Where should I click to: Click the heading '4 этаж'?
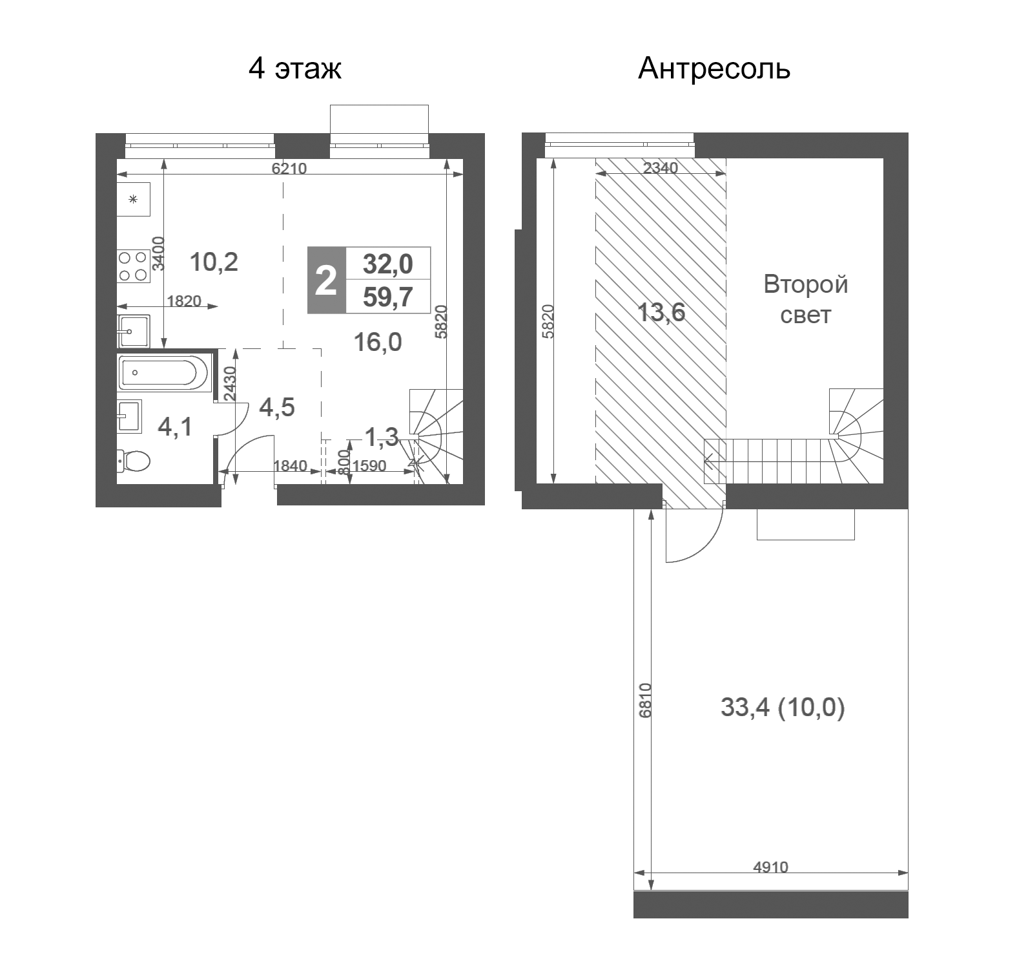click(x=295, y=69)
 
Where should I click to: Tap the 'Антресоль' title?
click(x=714, y=69)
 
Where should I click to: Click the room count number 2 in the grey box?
click(x=326, y=280)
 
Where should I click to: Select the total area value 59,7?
click(x=387, y=297)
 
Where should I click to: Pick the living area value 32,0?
click(x=387, y=264)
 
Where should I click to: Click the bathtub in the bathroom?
click(x=165, y=372)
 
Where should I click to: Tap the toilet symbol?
click(x=134, y=461)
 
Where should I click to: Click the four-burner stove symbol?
click(x=133, y=266)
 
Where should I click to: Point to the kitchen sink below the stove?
click(x=133, y=331)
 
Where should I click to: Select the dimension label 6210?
click(x=289, y=169)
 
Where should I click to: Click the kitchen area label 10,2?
click(x=214, y=262)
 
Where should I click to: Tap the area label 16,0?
click(x=378, y=343)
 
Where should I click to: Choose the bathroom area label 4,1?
click(x=175, y=427)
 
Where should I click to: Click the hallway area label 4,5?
click(x=277, y=407)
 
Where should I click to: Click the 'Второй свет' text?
click(x=805, y=299)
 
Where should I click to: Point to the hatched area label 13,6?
click(x=661, y=313)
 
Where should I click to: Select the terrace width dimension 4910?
click(x=770, y=867)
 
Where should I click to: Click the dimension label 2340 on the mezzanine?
click(x=661, y=168)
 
